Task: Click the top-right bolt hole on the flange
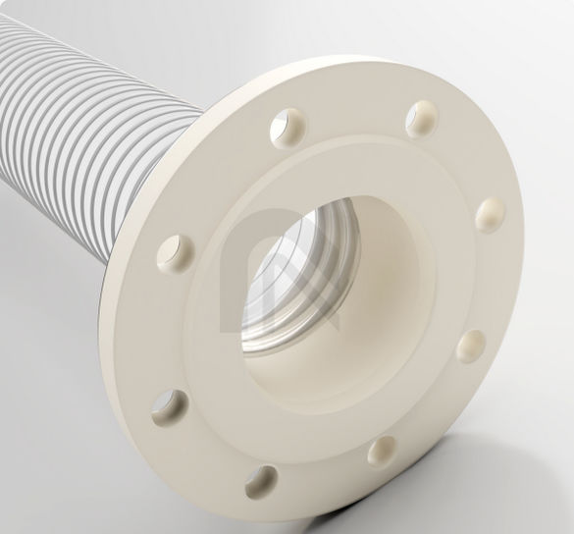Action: [423, 116]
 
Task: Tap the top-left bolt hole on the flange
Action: [292, 125]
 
